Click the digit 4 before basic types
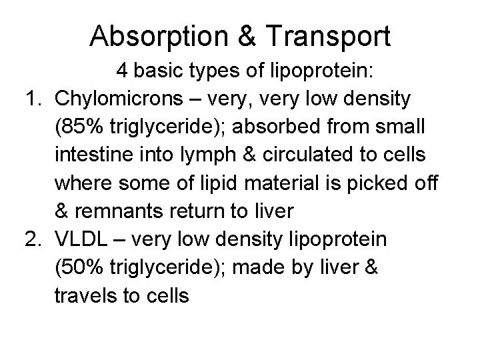click(122, 71)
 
